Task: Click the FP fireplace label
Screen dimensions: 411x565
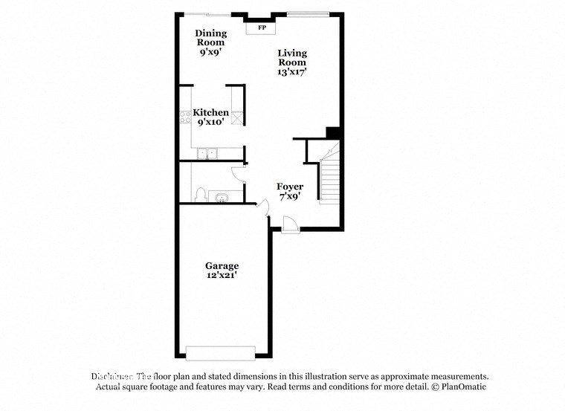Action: [x=261, y=28]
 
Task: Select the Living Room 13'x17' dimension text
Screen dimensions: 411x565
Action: [x=292, y=71]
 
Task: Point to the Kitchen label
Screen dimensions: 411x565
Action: [x=211, y=113]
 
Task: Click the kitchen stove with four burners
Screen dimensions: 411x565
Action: [x=185, y=117]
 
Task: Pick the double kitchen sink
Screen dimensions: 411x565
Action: [x=207, y=153]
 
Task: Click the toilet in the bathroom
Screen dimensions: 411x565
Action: [x=199, y=195]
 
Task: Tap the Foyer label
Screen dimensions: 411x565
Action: [x=290, y=187]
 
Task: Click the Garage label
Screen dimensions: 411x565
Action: [x=222, y=265]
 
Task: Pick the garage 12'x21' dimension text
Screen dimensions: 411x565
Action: [x=222, y=276]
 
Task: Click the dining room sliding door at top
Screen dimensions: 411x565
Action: [x=207, y=14]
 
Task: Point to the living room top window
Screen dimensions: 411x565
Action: [x=308, y=13]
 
